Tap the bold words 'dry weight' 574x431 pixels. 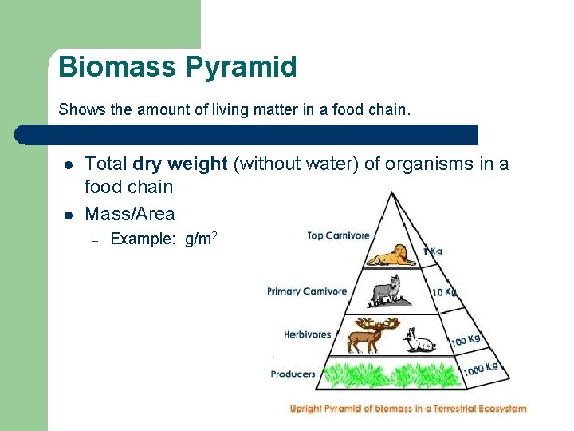coord(180,164)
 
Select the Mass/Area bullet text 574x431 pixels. coord(129,214)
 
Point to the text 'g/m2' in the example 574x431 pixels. coord(201,239)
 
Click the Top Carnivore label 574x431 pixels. coord(338,235)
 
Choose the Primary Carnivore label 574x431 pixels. coord(307,291)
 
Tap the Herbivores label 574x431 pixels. coord(307,334)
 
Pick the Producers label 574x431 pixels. coord(293,374)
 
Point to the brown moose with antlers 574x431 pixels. coord(367,334)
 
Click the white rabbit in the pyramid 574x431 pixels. coord(419,341)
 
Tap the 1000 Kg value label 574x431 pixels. coord(481,369)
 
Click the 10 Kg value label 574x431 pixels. coord(445,292)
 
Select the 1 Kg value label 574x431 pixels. coord(433,251)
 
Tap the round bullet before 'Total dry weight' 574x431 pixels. coord(69,165)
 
